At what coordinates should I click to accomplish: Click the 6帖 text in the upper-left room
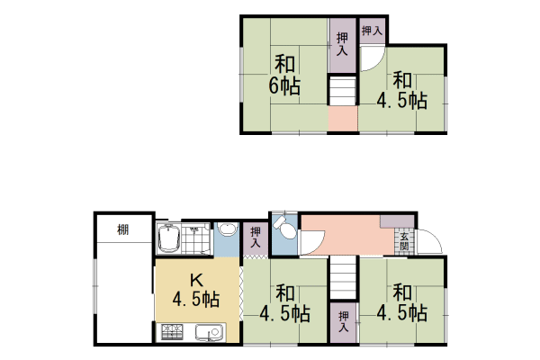(x=283, y=87)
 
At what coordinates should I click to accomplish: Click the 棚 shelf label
(x=121, y=229)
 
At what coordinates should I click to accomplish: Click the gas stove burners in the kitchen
(x=171, y=334)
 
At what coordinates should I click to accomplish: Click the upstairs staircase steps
(x=342, y=92)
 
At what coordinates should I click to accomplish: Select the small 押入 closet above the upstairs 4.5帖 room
(x=372, y=31)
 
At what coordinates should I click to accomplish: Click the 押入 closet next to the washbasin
(x=256, y=236)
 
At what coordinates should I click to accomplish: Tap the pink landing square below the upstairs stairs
(x=342, y=120)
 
